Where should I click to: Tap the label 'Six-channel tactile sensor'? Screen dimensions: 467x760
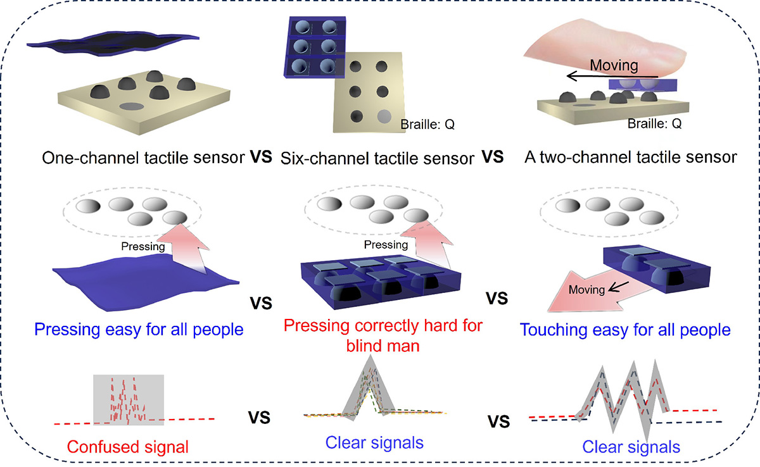point(377,158)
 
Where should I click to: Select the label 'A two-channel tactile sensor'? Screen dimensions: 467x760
point(630,157)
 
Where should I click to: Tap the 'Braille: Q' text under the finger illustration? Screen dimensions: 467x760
point(654,124)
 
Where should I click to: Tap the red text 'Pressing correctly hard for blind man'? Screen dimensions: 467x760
point(383,335)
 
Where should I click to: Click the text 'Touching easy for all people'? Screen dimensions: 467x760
point(624,330)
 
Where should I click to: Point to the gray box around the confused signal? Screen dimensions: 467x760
point(129,399)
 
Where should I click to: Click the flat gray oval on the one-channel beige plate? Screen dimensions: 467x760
point(132,106)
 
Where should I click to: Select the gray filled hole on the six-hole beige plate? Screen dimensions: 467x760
point(384,116)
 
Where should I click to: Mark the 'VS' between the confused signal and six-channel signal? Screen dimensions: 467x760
point(260,417)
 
